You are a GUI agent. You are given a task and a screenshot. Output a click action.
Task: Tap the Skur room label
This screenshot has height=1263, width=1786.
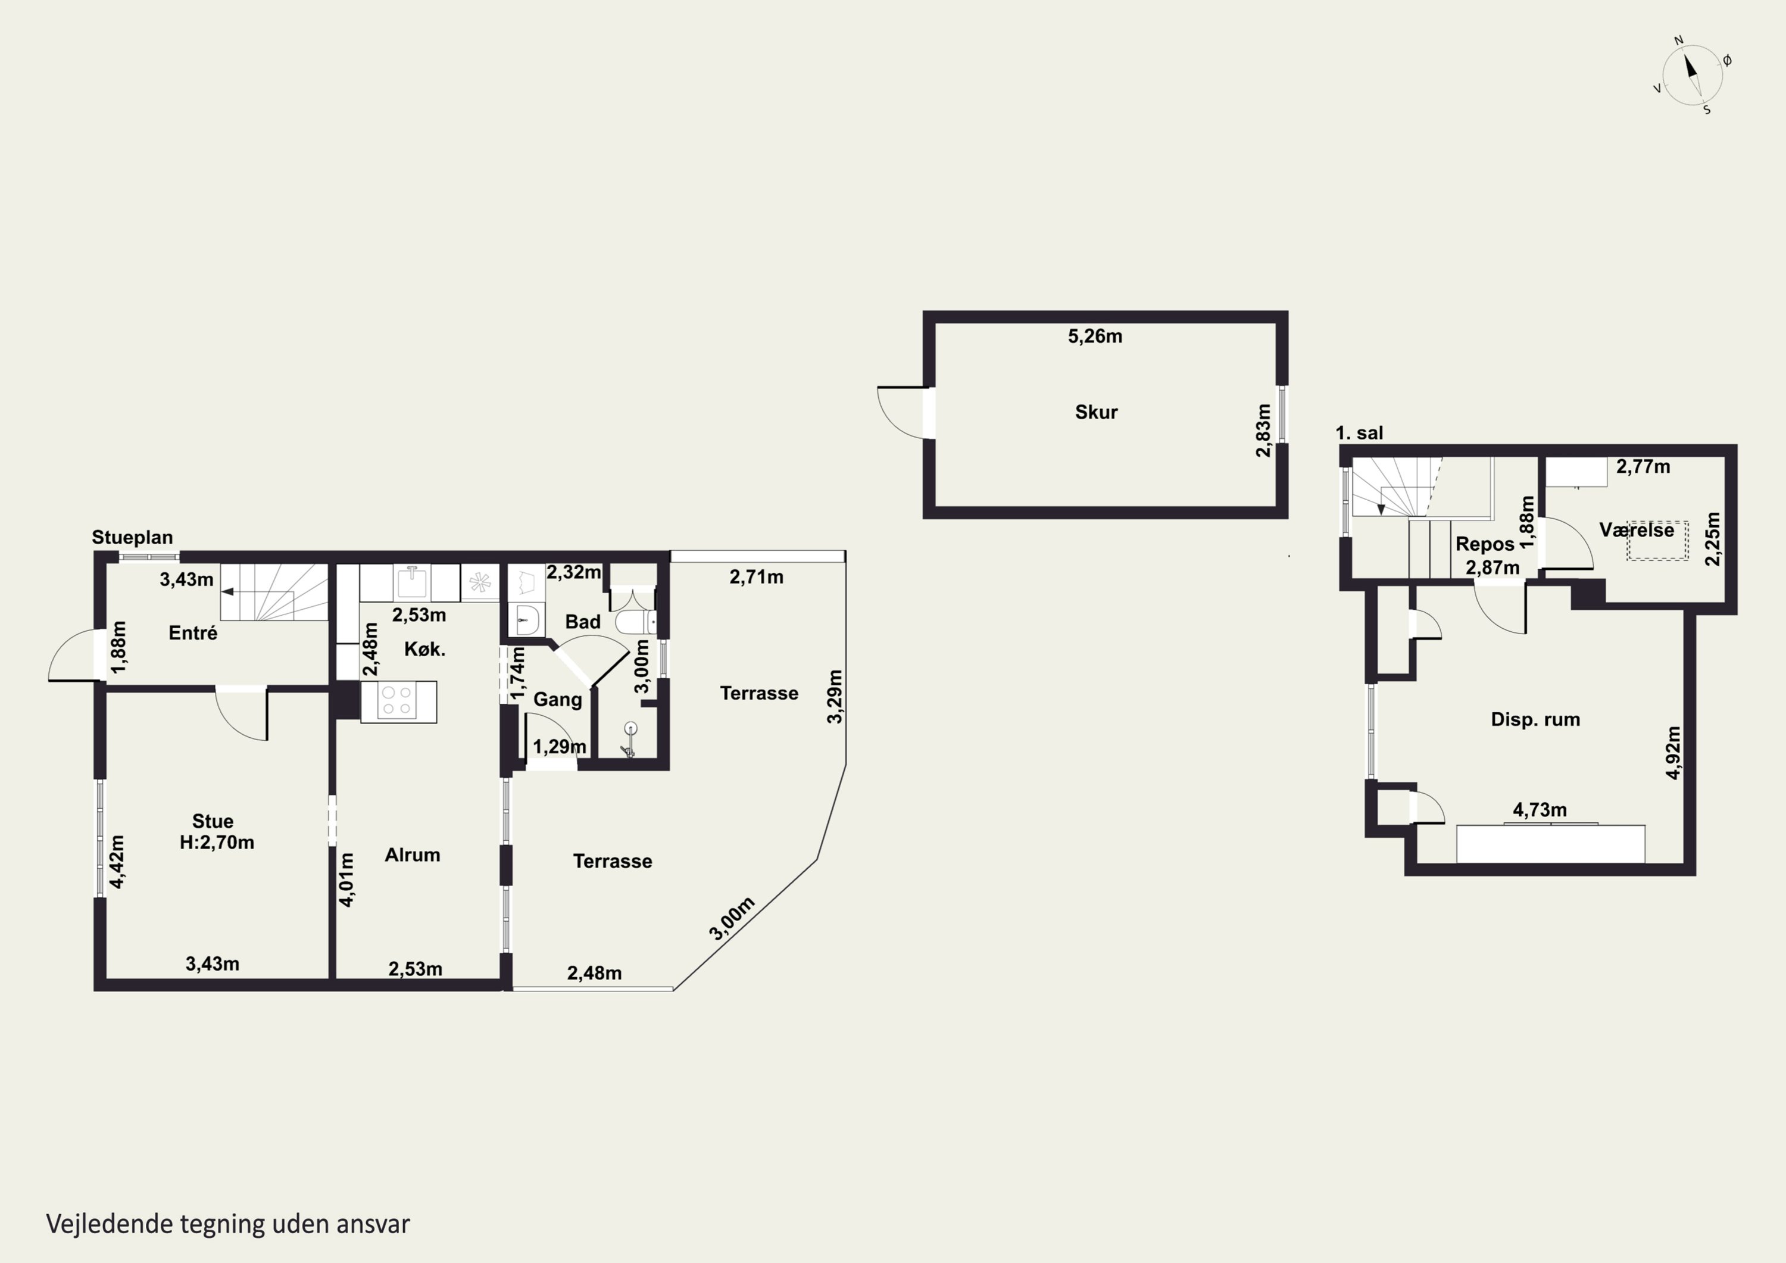1096,413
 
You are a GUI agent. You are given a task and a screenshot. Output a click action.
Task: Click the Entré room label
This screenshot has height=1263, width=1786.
193,632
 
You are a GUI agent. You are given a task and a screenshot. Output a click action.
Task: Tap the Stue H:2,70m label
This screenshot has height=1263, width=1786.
216,831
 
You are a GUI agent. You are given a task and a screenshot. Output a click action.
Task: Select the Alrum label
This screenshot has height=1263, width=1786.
413,855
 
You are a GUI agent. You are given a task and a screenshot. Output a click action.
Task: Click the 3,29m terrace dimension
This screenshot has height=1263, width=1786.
835,697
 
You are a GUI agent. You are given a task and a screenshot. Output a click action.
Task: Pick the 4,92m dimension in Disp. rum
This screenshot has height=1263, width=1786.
1674,751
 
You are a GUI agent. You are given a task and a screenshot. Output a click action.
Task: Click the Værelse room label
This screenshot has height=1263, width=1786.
1637,530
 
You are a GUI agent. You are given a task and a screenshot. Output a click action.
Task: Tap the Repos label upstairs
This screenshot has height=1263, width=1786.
1485,544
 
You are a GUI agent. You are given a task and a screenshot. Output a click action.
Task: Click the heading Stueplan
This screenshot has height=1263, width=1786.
132,537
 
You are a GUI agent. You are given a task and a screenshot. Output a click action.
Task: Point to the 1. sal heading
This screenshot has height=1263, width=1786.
1359,433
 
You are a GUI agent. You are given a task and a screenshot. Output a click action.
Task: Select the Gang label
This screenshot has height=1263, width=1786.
558,700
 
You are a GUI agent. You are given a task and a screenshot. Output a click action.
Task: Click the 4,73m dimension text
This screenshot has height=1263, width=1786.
1540,809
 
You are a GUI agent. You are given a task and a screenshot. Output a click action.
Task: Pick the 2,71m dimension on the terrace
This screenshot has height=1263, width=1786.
756,576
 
